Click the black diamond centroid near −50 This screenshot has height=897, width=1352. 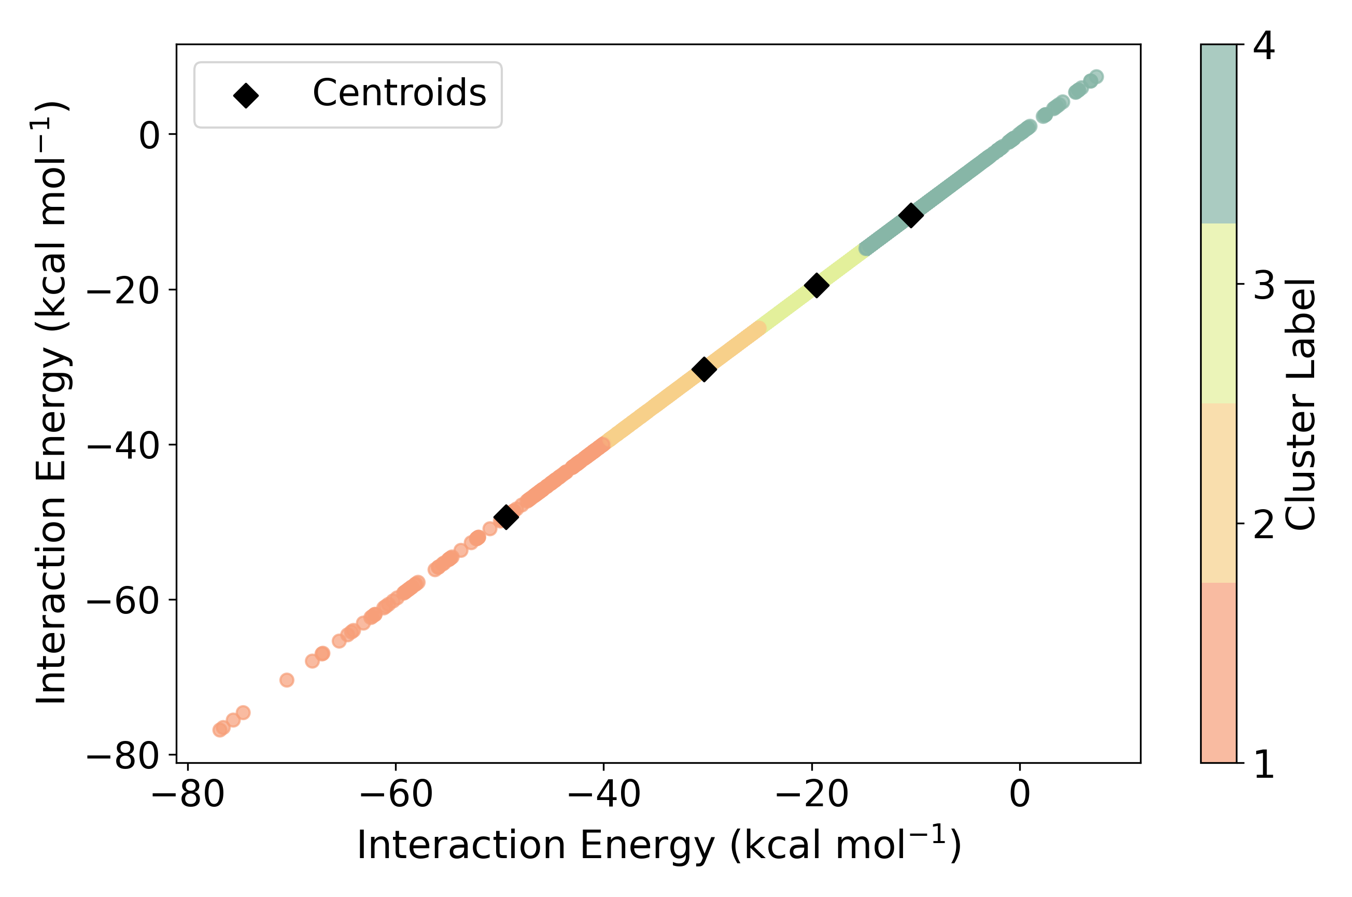[x=505, y=516]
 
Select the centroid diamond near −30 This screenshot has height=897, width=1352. [x=704, y=369]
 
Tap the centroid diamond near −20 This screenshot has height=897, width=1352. [x=816, y=284]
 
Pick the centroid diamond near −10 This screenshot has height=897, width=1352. [x=911, y=215]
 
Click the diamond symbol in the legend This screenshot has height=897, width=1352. [x=246, y=95]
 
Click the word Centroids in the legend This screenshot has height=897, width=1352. [x=399, y=93]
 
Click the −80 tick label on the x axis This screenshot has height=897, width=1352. [x=188, y=794]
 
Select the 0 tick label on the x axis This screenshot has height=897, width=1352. [x=1019, y=794]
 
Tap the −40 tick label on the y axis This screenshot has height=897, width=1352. [x=123, y=445]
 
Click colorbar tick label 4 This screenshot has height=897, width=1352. [x=1263, y=46]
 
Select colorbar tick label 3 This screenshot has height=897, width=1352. [x=1263, y=284]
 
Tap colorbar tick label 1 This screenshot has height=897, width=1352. [x=1263, y=763]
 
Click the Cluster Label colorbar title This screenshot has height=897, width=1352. [x=1301, y=404]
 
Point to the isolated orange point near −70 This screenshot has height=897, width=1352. [x=287, y=680]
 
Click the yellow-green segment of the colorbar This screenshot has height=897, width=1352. [x=1218, y=314]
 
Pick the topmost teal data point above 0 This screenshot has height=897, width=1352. [x=1096, y=76]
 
